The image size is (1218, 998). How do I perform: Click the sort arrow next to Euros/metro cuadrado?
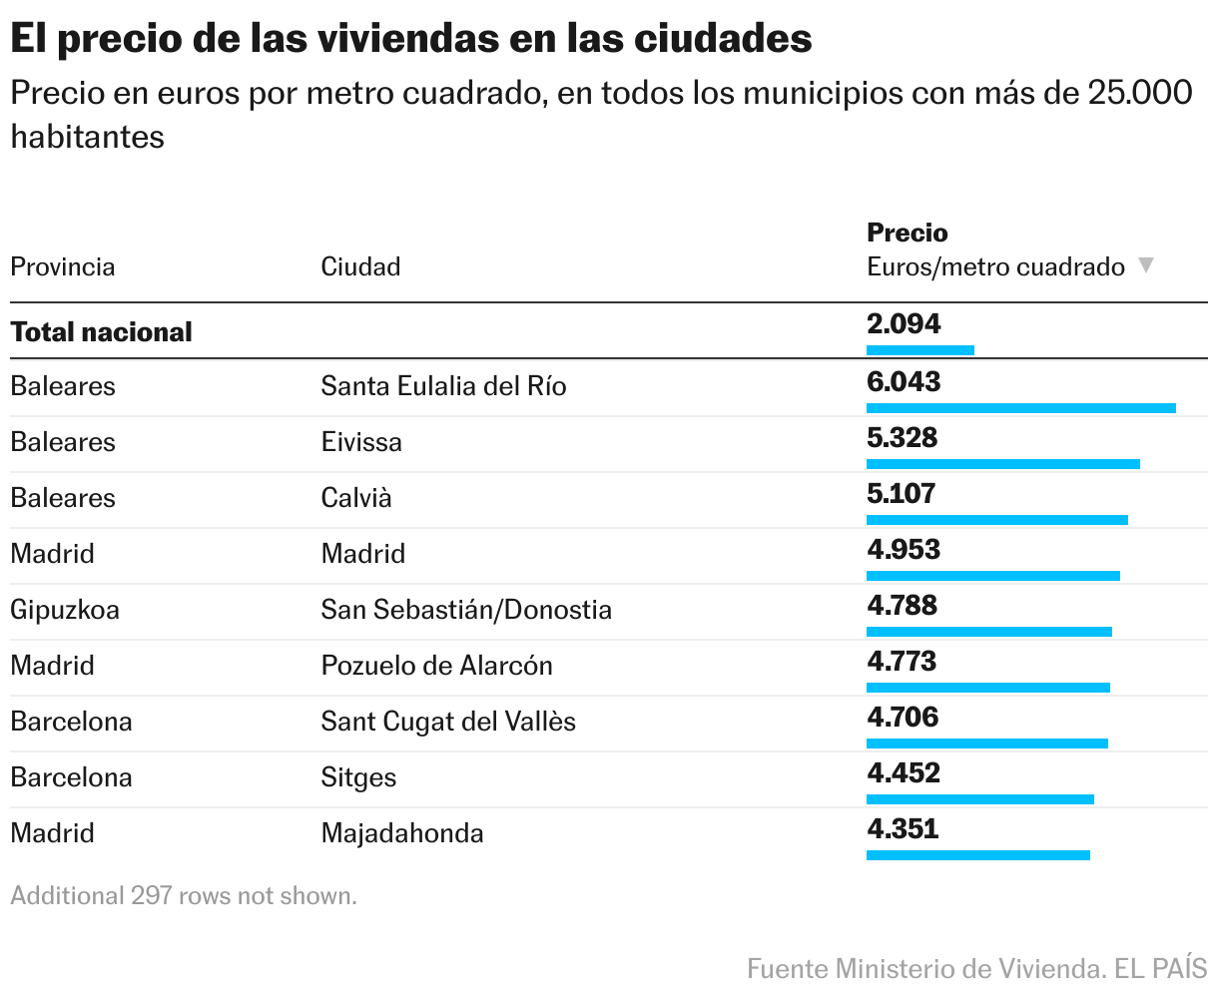[1146, 265]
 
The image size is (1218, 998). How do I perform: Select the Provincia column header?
[62, 266]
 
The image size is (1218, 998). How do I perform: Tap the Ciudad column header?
[360, 266]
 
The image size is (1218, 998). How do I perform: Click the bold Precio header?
[907, 233]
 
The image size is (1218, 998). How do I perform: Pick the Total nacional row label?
[101, 331]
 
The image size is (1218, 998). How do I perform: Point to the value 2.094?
[904, 323]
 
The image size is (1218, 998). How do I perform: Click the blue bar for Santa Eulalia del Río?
[1020, 407]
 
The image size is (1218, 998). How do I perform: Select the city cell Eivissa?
[361, 442]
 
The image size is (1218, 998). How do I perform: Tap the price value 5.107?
[901, 493]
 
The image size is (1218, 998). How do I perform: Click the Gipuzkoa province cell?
[65, 610]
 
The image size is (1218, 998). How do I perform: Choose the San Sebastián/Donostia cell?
[466, 610]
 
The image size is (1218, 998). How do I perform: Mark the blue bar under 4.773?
[987, 687]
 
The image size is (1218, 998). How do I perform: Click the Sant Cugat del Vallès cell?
[448, 722]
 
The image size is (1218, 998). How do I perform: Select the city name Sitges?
[358, 777]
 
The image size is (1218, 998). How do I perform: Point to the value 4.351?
[903, 828]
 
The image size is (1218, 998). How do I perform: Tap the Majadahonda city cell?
[402, 833]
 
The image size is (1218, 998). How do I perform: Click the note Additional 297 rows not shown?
[184, 895]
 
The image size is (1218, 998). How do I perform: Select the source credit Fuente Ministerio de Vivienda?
[918, 967]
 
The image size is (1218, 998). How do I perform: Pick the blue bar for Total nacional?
[919, 349]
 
